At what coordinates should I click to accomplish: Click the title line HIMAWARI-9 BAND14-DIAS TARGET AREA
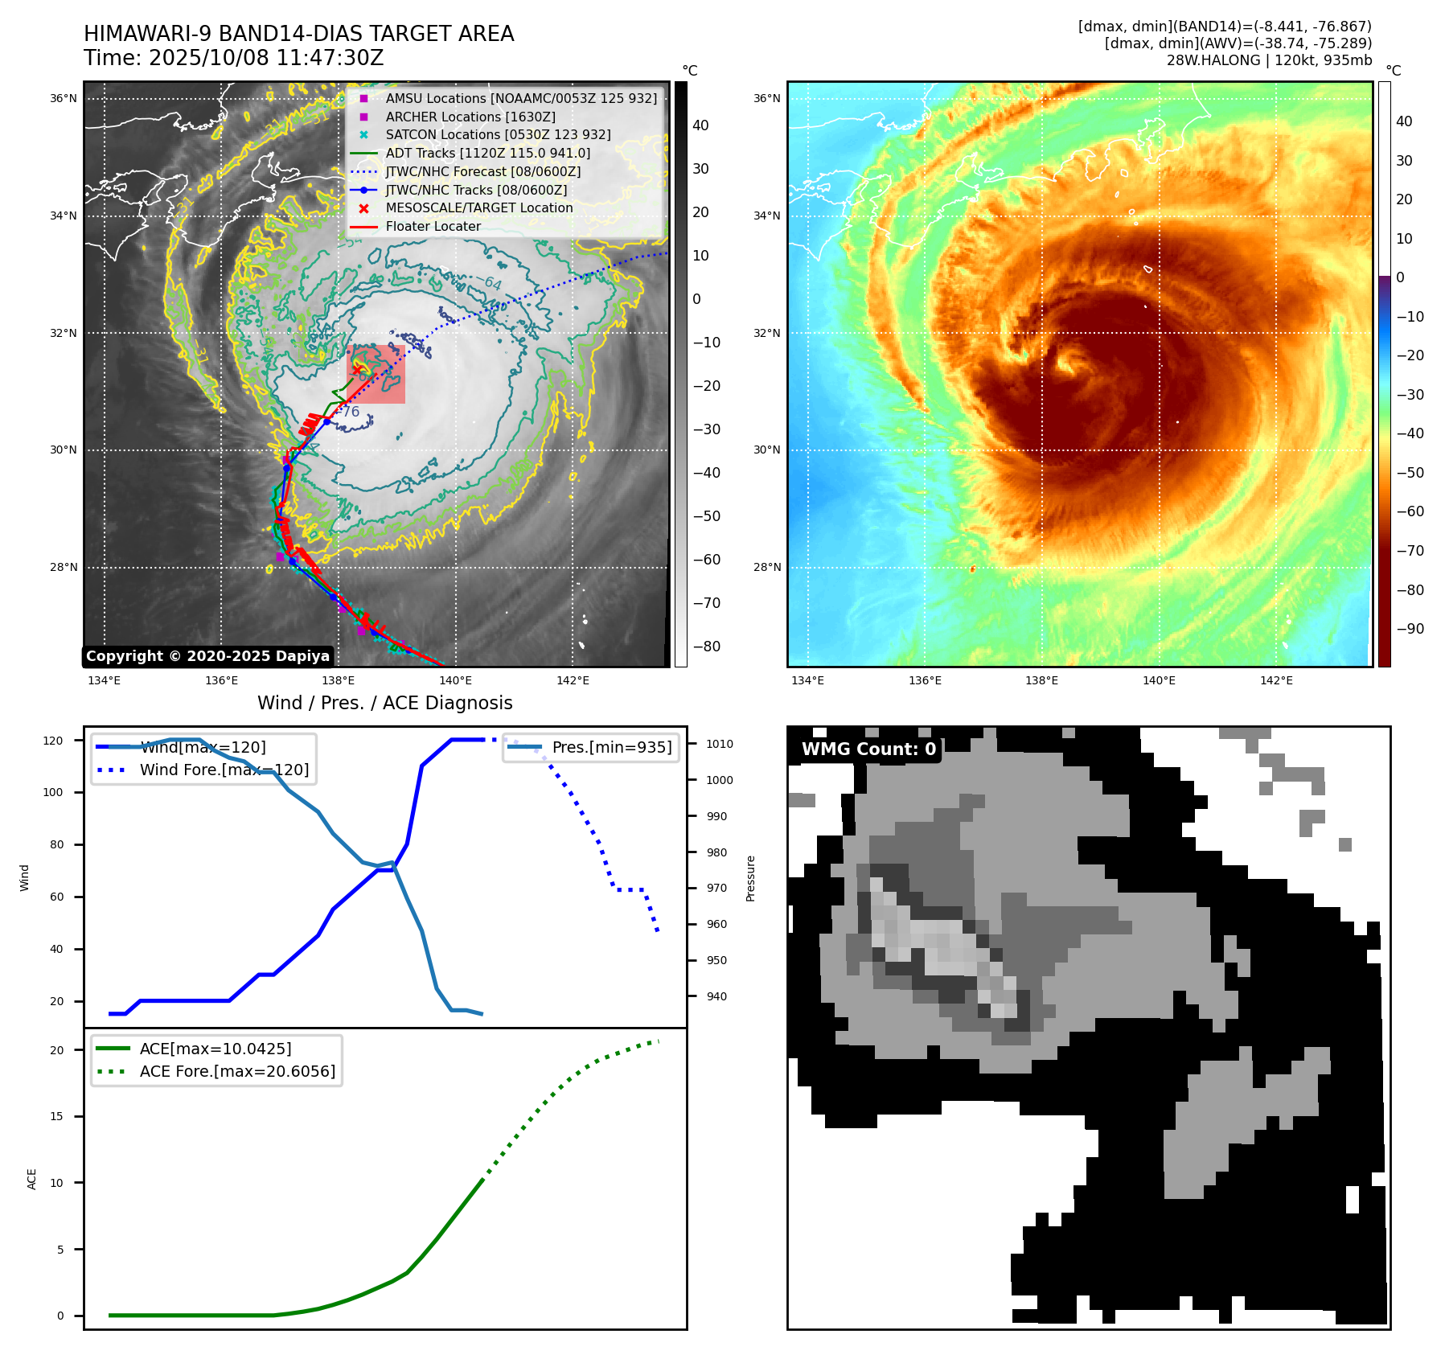click(x=298, y=34)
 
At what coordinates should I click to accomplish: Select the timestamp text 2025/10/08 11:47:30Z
click(x=266, y=58)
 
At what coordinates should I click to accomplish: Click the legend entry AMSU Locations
click(x=520, y=98)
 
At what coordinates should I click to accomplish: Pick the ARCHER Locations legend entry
click(x=470, y=117)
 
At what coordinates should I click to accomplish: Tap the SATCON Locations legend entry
click(x=497, y=134)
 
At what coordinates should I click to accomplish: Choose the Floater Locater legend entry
click(x=433, y=226)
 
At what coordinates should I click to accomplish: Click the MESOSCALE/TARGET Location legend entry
click(x=478, y=207)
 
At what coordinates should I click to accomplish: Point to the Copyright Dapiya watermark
click(x=207, y=656)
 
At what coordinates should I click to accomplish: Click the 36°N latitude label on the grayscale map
click(x=64, y=99)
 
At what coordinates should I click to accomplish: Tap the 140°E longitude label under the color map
click(x=1159, y=680)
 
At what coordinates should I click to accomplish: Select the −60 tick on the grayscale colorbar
click(x=707, y=560)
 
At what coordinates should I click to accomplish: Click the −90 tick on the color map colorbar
click(x=1410, y=629)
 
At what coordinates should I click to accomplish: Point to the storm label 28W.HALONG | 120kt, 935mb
click(x=1269, y=60)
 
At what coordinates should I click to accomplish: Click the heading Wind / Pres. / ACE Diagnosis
click(x=384, y=703)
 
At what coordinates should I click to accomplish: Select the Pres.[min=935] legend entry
click(x=611, y=747)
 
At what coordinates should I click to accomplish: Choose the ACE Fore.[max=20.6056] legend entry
click(x=237, y=1071)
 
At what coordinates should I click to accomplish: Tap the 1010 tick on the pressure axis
click(x=720, y=744)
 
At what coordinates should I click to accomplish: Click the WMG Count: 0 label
click(x=868, y=749)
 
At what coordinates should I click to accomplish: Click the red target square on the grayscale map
click(x=376, y=375)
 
